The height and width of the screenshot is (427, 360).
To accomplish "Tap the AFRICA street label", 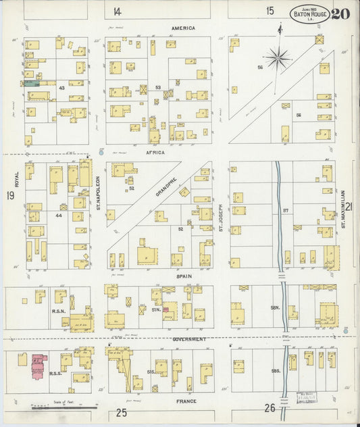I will [x=155, y=153].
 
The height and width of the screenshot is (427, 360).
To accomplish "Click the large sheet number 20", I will [x=340, y=13].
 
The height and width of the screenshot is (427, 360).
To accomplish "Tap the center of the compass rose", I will [x=278, y=58].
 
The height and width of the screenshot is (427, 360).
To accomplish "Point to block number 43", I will [x=61, y=89].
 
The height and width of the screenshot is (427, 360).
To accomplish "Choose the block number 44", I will [x=59, y=214].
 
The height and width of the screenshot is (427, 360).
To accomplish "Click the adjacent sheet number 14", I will [x=118, y=11].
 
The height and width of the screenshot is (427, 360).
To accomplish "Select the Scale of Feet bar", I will [x=65, y=407].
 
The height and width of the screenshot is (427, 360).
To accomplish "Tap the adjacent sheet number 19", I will [x=10, y=196].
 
